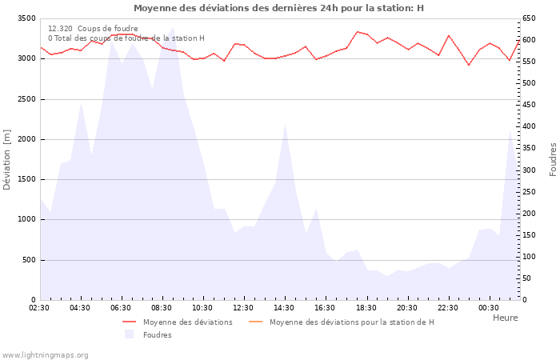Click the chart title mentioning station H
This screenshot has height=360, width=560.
coord(279,8)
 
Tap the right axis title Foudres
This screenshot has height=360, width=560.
coord(553,159)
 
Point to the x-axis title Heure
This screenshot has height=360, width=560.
coord(505,318)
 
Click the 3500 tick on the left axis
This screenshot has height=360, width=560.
coord(26,18)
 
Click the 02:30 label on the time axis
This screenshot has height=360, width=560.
coord(39,308)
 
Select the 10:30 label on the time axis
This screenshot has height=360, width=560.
coord(202,308)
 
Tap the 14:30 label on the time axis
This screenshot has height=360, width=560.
coord(284,308)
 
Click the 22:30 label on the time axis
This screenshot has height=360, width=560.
coord(447,308)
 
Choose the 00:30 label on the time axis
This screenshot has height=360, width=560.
coord(488,308)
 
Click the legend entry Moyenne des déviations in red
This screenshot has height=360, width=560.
coord(188,322)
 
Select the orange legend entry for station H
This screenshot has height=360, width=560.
coord(351,322)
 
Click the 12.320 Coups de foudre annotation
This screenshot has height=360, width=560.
coord(93,29)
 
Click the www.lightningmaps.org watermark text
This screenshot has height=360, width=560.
coord(45,354)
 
